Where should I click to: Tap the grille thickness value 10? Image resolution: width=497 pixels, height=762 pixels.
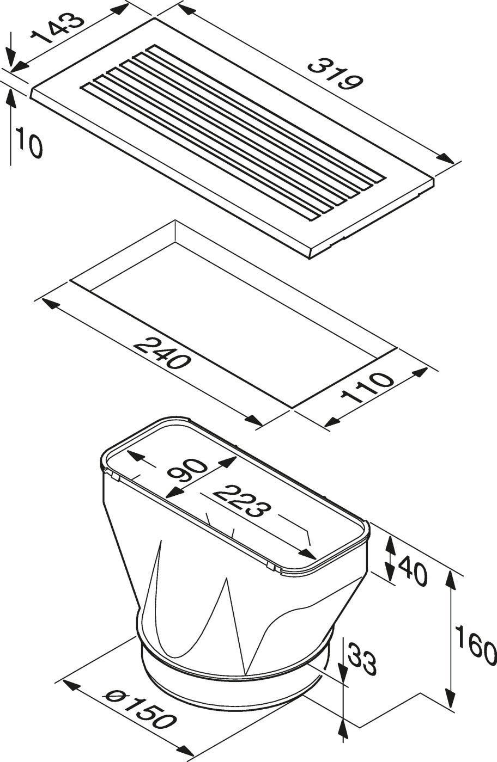(29, 142)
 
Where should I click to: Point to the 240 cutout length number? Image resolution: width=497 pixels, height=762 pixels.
(161, 353)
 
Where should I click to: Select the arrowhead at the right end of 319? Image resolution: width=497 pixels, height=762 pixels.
(447, 158)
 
